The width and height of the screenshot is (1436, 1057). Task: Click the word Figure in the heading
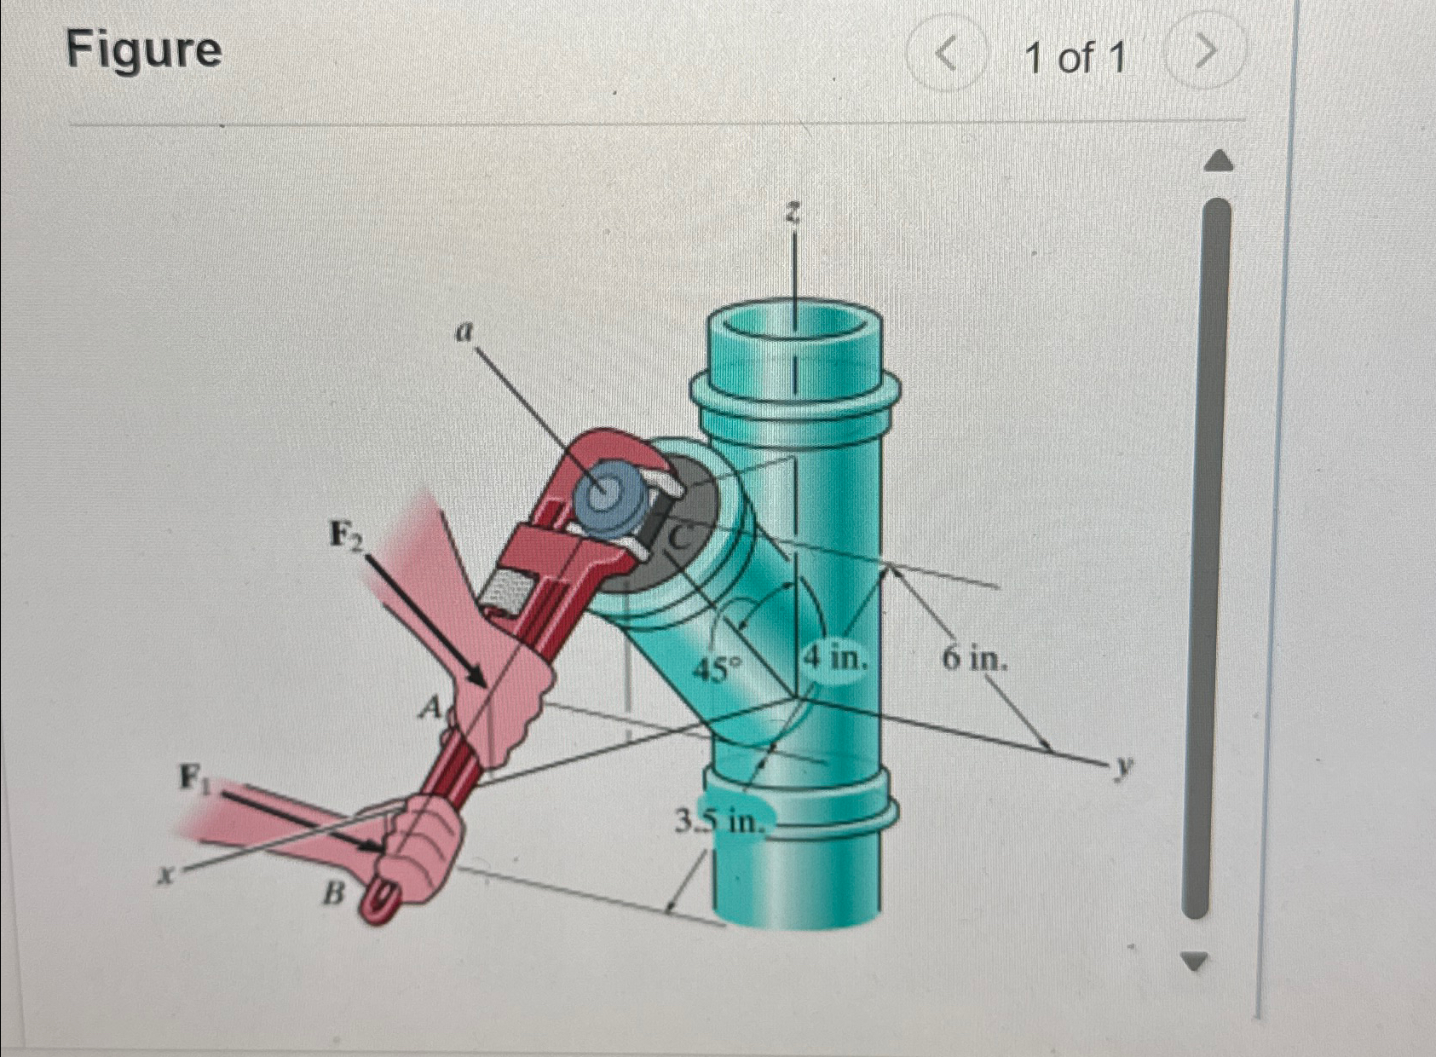(x=144, y=49)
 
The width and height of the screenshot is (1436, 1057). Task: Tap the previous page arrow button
(x=946, y=56)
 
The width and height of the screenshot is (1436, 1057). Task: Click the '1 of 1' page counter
(x=1075, y=58)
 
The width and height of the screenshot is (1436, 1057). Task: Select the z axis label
(x=793, y=212)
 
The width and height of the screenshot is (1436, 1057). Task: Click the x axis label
(x=170, y=874)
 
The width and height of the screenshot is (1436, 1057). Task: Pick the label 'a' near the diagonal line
(x=463, y=332)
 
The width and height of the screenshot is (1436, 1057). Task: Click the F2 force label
(x=348, y=536)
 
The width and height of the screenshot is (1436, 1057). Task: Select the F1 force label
(x=193, y=777)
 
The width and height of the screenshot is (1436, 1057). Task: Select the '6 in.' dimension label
(x=974, y=658)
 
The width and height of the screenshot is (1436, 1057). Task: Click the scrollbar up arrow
(x=1220, y=160)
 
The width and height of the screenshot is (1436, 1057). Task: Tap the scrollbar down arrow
(x=1195, y=962)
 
